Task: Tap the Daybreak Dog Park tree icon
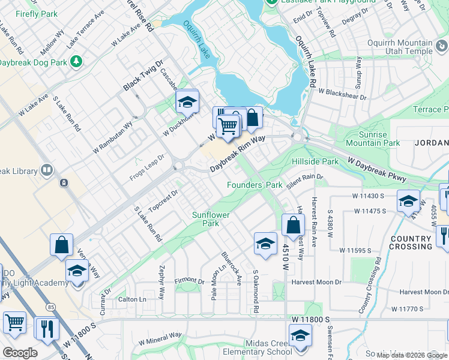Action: coord(76,61)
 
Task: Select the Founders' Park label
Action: coord(254,185)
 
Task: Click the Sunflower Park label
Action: coord(205,219)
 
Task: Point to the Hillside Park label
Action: coord(315,162)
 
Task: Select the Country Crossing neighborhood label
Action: coord(411,242)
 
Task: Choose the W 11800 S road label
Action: coord(312,321)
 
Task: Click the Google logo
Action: coord(20,352)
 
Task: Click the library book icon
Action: coord(46,171)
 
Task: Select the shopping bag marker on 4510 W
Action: coord(292,226)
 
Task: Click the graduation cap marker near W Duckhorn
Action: coord(187,101)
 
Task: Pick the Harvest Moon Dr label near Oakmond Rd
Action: coord(316,282)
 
